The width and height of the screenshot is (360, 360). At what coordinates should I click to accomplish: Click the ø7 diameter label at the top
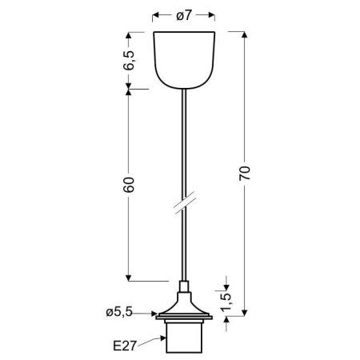pos(183,14)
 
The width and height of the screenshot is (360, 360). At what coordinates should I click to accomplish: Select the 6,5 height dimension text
pos(130,60)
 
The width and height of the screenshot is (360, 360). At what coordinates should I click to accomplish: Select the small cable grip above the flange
pos(183,290)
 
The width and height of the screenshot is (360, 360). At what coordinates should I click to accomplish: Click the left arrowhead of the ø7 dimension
pos(154,14)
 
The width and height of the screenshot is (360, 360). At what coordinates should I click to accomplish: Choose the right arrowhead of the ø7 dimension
pos(213,14)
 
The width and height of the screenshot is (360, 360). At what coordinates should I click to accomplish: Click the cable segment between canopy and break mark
pos(183,144)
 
